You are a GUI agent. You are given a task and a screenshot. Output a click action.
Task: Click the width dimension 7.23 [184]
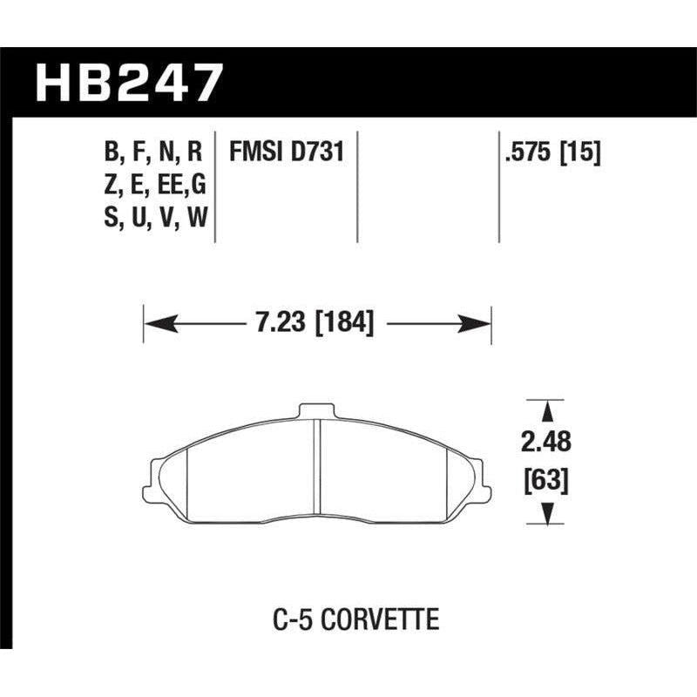[x=318, y=324]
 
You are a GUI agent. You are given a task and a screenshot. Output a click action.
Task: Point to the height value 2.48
[x=546, y=443]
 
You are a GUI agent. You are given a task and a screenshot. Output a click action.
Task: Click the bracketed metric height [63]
[x=546, y=479]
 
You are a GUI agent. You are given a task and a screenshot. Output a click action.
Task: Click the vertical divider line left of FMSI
[x=215, y=186]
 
